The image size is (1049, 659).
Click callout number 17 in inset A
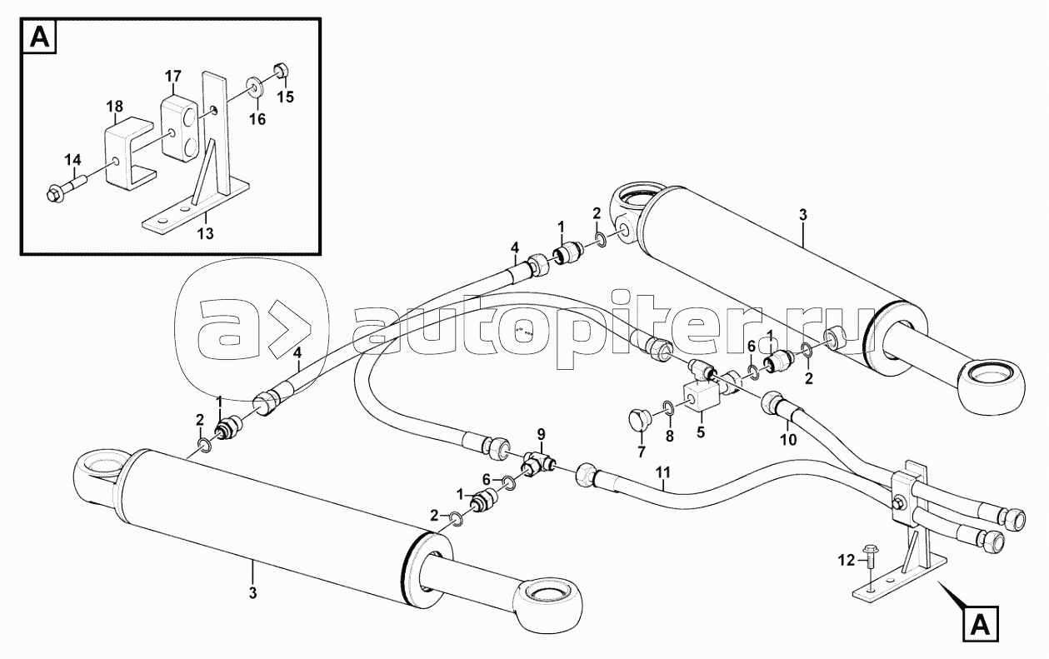point(173,76)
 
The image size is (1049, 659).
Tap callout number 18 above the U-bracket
point(114,107)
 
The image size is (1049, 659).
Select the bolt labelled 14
point(67,189)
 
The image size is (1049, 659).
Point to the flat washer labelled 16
point(256,87)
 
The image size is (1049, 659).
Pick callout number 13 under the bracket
point(206,232)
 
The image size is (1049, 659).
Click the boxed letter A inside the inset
point(39,37)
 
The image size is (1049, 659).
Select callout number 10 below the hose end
point(788,440)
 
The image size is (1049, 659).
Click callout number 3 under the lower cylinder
point(253,593)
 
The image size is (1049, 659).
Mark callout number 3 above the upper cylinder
point(803,215)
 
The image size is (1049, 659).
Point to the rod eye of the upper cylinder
point(992,391)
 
